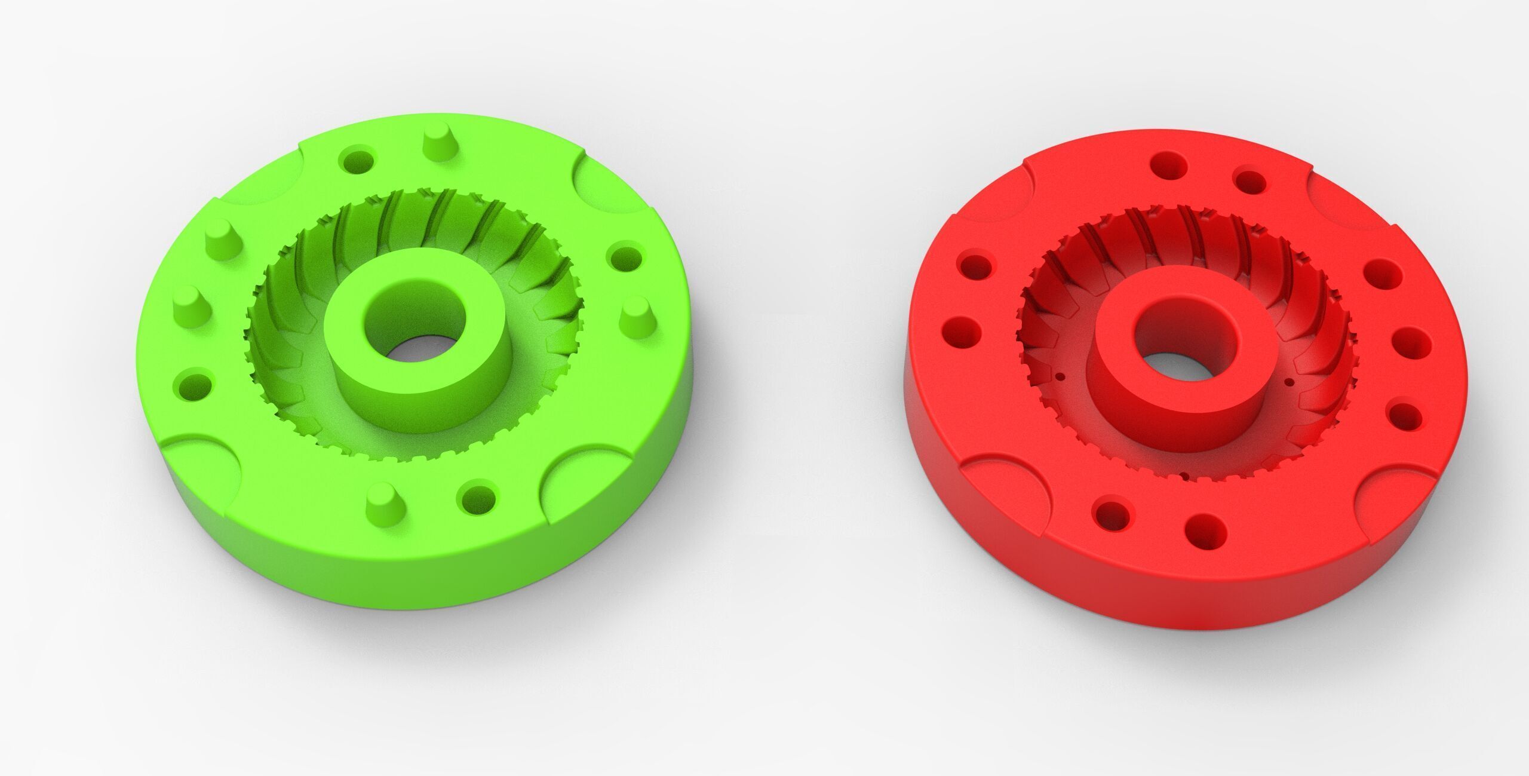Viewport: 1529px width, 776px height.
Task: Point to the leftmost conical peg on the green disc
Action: pos(190,303)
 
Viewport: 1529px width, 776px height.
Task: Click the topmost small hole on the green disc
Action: pos(358,160)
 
